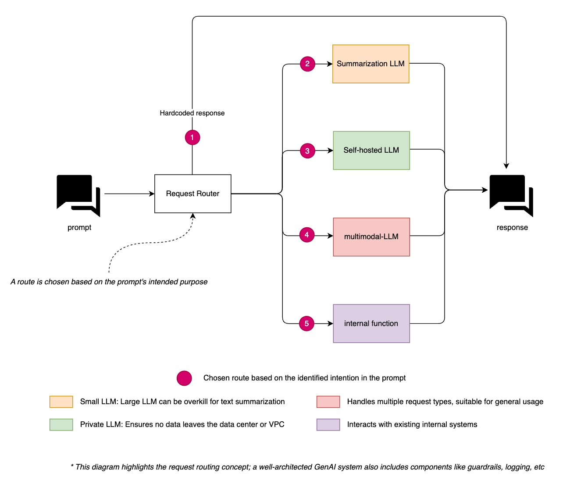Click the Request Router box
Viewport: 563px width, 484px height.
pyautogui.click(x=192, y=194)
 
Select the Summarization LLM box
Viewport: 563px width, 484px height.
pyautogui.click(x=371, y=64)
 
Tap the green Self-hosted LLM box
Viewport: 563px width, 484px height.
pyautogui.click(x=371, y=150)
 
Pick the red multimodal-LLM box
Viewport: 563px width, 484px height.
pyautogui.click(x=371, y=237)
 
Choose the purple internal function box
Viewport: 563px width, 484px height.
pyautogui.click(x=371, y=323)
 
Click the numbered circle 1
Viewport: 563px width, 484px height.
pyautogui.click(x=192, y=137)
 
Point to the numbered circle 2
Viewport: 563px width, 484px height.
pyautogui.click(x=307, y=64)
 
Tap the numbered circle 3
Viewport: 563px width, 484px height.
pyautogui.click(x=307, y=151)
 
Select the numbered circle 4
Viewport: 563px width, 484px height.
pyautogui.click(x=307, y=235)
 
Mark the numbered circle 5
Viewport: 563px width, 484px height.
pyautogui.click(x=307, y=323)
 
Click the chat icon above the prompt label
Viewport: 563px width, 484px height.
pyautogui.click(x=78, y=195)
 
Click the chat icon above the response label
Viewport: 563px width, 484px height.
pyautogui.click(x=511, y=195)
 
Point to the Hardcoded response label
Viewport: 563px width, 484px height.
pyautogui.click(x=192, y=113)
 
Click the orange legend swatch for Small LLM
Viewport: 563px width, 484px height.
pyautogui.click(x=61, y=402)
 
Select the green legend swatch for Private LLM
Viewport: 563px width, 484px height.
pyautogui.click(x=61, y=424)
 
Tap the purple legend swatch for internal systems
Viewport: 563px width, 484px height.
pyautogui.click(x=328, y=424)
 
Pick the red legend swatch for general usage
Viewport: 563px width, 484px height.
pyautogui.click(x=328, y=402)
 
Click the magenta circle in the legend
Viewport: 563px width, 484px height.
pyautogui.click(x=184, y=378)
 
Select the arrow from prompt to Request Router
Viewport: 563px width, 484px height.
pyautogui.click(x=129, y=194)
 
